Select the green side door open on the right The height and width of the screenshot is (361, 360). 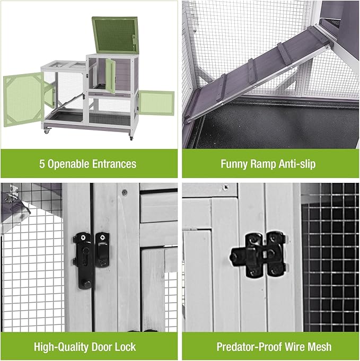pyautogui.click(x=155, y=103)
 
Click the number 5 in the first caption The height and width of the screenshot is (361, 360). pyautogui.click(x=42, y=164)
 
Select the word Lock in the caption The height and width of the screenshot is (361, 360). pyautogui.click(x=125, y=347)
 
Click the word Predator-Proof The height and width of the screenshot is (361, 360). pyautogui.click(x=249, y=347)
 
